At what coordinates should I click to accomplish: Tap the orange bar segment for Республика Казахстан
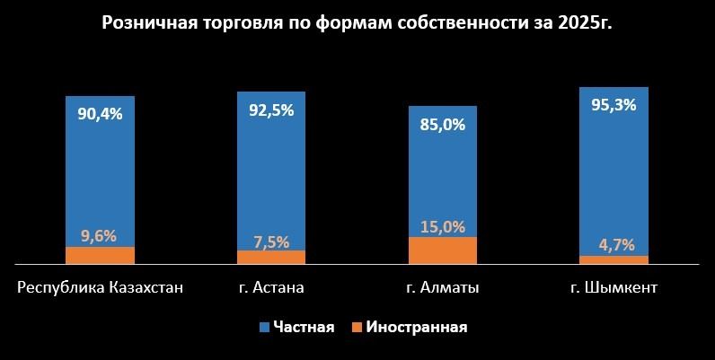click(100, 256)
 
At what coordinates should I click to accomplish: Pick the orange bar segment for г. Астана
click(271, 258)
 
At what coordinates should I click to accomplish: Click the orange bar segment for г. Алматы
click(443, 250)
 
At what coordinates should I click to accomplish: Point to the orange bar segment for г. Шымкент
click(614, 260)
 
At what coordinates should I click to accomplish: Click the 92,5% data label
click(271, 112)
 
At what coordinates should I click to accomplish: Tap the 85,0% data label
click(443, 125)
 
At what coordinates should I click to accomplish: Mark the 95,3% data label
click(614, 104)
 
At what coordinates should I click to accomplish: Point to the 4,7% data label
click(614, 244)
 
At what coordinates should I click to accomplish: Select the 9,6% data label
click(100, 236)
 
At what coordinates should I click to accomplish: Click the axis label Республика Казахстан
click(100, 288)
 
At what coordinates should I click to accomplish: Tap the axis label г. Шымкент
click(614, 288)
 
